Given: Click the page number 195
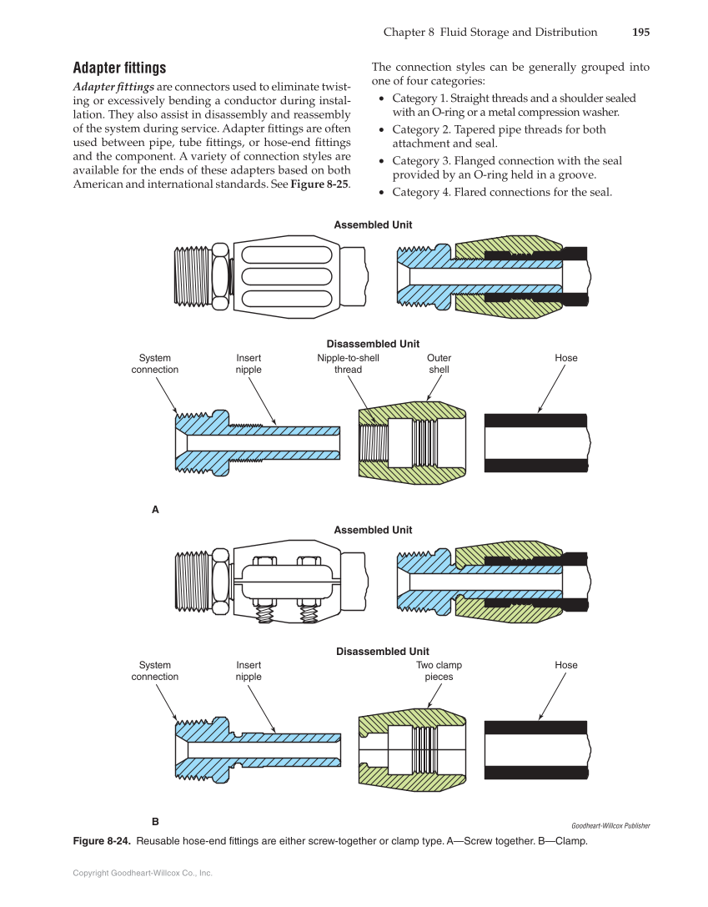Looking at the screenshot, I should pyautogui.click(x=640, y=33).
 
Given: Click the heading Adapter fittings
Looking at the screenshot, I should pyautogui.click(x=119, y=68).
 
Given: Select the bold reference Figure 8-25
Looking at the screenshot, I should pyautogui.click(x=319, y=184).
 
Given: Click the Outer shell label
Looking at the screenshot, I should pyautogui.click(x=439, y=364).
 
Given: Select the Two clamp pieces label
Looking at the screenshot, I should pyautogui.click(x=439, y=671).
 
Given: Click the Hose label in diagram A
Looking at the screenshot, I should pyautogui.click(x=566, y=358).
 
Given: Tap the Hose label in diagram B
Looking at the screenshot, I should pyautogui.click(x=566, y=665).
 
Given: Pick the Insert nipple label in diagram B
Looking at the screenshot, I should pyautogui.click(x=249, y=671).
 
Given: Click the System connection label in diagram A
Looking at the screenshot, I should pyautogui.click(x=155, y=364).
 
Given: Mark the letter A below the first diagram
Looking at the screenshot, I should pyautogui.click(x=155, y=508).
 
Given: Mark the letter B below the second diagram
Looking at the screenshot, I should pyautogui.click(x=155, y=821).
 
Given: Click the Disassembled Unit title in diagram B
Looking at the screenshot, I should pyautogui.click(x=382, y=652).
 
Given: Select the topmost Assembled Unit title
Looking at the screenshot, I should pyautogui.click(x=373, y=225).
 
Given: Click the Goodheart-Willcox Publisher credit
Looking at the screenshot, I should pyautogui.click(x=610, y=826).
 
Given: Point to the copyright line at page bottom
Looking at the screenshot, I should pyautogui.click(x=143, y=873).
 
